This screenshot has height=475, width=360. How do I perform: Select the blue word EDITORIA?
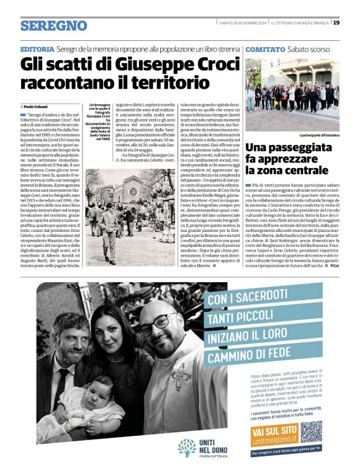click(x=37, y=49)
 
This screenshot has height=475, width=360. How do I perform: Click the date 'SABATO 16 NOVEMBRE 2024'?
click(x=243, y=23)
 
